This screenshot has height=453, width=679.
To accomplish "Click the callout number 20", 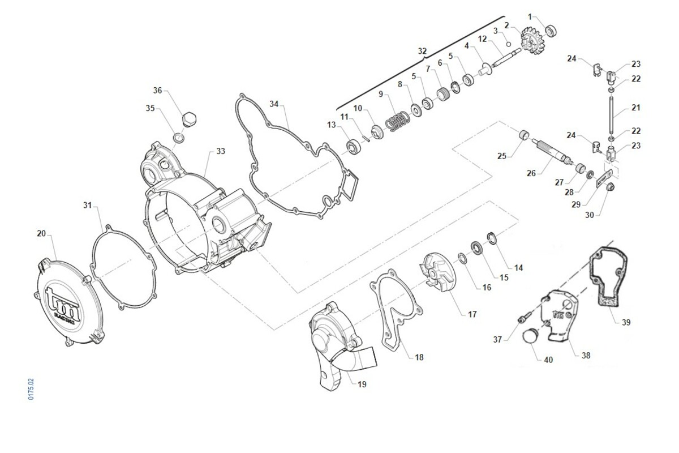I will (x=41, y=233).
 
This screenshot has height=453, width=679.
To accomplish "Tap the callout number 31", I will (x=87, y=204).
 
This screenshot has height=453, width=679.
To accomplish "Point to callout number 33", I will (x=220, y=152).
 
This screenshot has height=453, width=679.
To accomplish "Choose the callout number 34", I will (x=274, y=104).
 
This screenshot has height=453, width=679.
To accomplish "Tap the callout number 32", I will (x=422, y=51).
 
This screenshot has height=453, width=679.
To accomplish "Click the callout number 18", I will (x=419, y=357).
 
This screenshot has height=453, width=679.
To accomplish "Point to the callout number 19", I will (x=362, y=384).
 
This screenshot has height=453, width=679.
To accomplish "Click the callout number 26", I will (x=531, y=173).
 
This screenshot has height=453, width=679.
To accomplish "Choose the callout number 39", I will (x=626, y=322).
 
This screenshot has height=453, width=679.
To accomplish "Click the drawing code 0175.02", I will (x=32, y=390).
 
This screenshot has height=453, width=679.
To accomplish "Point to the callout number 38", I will (x=586, y=356).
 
